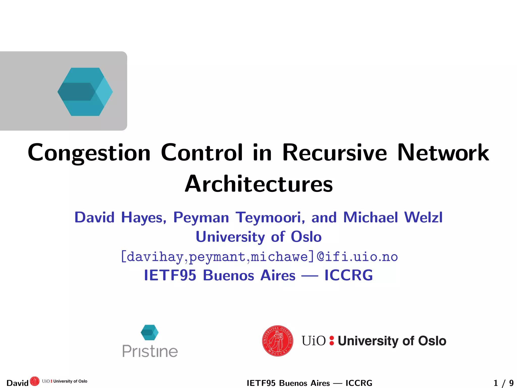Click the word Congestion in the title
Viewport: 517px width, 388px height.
tap(89, 153)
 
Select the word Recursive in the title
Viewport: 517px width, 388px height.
tap(334, 153)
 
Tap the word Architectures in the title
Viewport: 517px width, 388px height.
tap(259, 184)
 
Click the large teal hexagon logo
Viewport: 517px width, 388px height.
tap(85, 92)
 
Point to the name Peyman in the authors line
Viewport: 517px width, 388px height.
tap(201, 217)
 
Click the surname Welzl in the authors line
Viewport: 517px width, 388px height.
tap(423, 217)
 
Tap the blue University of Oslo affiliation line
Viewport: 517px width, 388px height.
tap(259, 237)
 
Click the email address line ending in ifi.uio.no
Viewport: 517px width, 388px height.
tap(259, 257)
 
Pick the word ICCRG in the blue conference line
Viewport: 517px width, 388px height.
tap(349, 275)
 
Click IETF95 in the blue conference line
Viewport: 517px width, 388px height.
tap(170, 275)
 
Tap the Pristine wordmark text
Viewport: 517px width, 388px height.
tap(150, 351)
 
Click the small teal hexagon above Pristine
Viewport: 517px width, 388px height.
tap(150, 332)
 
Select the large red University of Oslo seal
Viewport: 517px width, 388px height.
tap(278, 341)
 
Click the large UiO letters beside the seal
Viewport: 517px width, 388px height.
tap(314, 341)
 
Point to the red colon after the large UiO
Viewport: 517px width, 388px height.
tap(332, 341)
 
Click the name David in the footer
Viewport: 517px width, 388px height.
tap(17, 383)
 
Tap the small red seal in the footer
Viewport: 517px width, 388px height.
tap(35, 381)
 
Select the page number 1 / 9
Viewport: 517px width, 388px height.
tap(503, 383)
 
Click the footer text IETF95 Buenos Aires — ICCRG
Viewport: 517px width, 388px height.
tap(309, 383)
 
